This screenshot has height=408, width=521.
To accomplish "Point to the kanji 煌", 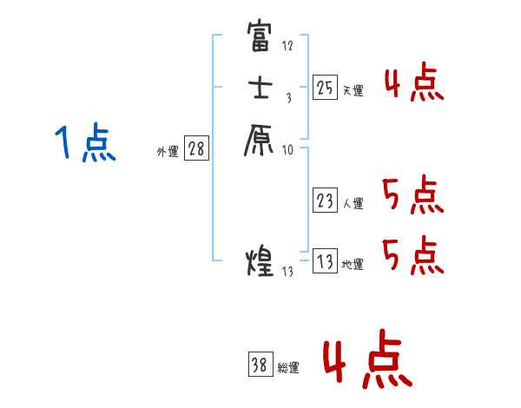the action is [x=260, y=260].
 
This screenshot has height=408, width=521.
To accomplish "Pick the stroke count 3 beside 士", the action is [x=287, y=99].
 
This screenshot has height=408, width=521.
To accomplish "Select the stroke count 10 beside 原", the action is [x=287, y=150].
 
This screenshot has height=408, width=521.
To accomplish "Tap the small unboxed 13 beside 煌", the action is [x=288, y=272].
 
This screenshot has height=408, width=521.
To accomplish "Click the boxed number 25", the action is [x=325, y=87].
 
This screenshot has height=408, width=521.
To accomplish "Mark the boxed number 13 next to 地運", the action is [x=325, y=262].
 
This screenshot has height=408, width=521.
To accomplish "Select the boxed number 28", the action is [x=196, y=148].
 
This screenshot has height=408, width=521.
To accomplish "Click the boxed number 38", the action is [x=260, y=365].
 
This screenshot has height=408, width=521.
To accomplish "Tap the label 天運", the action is [x=353, y=90].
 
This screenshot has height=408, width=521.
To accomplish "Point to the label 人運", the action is [x=353, y=205].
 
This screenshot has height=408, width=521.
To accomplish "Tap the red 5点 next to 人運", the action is [x=412, y=194].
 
